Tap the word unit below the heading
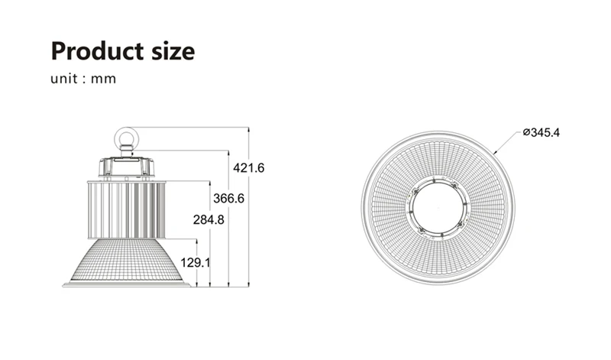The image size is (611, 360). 66,79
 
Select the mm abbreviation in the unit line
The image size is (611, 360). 104,79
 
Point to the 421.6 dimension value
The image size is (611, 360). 249,167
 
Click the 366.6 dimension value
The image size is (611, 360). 228,198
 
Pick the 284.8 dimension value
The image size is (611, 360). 208,220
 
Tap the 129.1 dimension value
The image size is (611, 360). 195,262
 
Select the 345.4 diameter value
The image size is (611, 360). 545,133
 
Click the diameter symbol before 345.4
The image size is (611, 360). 526,133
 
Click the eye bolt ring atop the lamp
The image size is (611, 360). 125,138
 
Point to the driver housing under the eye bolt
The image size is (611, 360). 127,166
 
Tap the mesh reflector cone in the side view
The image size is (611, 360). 127,260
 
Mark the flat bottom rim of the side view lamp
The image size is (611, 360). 127,284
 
